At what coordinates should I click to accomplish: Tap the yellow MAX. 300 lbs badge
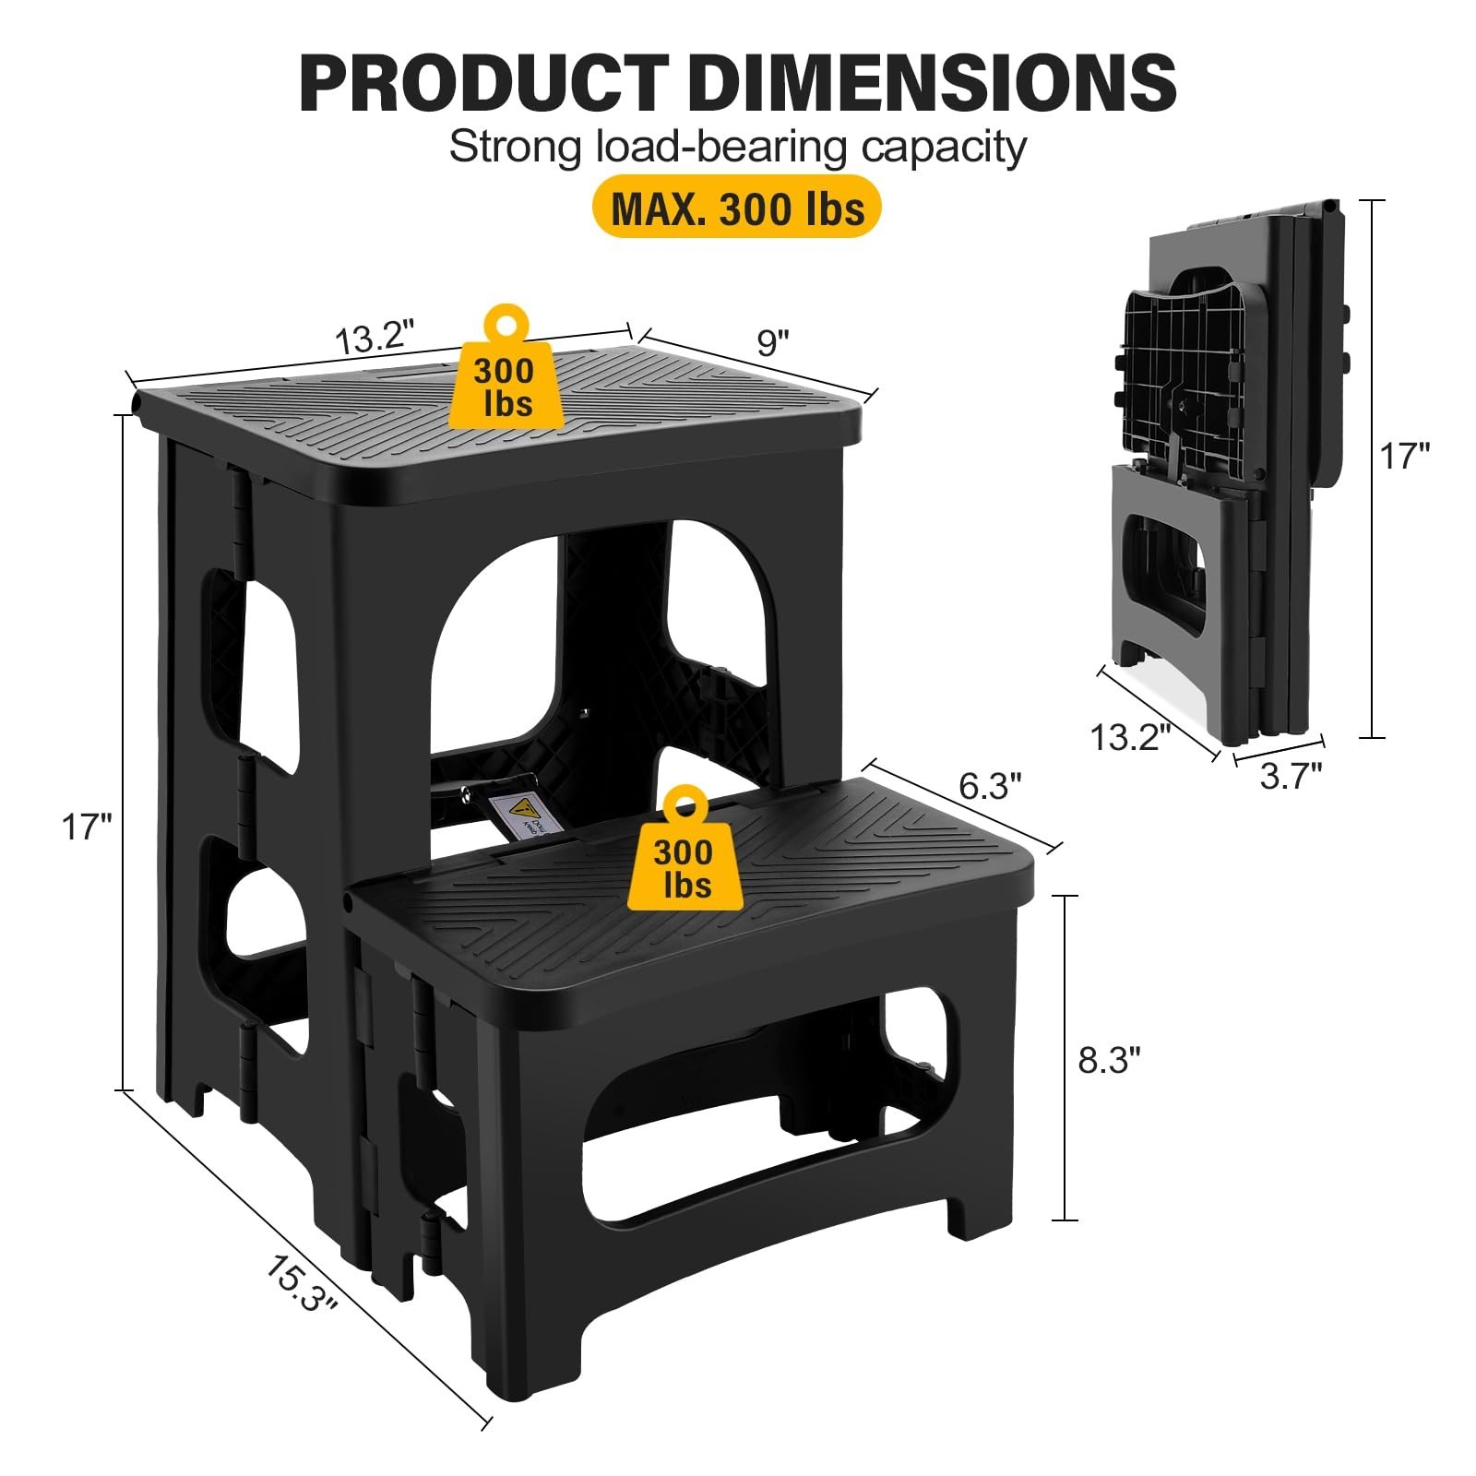click(737, 209)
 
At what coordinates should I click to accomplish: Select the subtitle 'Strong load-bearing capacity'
click(737, 148)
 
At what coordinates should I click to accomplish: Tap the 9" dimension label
click(773, 343)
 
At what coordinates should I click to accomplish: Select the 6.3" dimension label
click(990, 787)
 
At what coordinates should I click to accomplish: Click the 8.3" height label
click(1110, 1061)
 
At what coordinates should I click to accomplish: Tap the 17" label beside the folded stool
click(1405, 456)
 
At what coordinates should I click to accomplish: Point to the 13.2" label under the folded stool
click(1130, 738)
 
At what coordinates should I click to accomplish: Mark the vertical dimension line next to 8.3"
click(1065, 1058)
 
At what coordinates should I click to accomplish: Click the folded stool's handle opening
click(1170, 575)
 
